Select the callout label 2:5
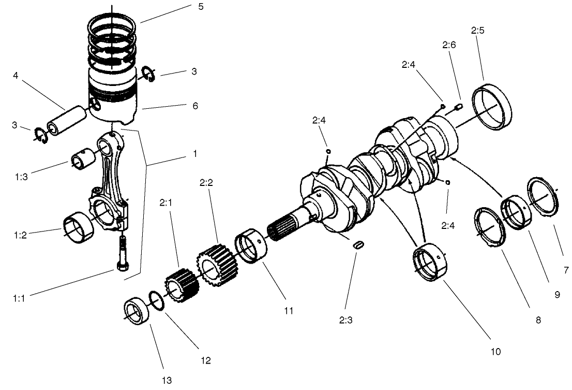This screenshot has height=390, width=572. (x=477, y=31)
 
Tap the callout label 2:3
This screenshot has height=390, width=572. (x=346, y=320)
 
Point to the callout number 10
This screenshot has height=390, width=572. (x=495, y=351)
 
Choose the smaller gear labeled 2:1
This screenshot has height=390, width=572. (x=180, y=288)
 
